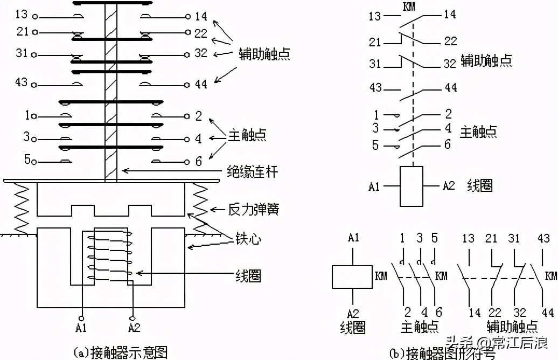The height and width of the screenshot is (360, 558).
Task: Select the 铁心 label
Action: click(x=248, y=239)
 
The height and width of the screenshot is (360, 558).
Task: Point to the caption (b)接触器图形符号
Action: click(x=442, y=353)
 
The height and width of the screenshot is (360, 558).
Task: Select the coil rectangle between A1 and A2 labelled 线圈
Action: click(x=411, y=186)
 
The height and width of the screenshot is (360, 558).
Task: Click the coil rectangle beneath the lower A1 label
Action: click(x=352, y=278)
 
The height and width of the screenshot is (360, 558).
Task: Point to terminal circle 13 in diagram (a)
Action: click(x=35, y=17)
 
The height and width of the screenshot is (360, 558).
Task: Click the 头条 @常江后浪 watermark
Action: click(x=496, y=342)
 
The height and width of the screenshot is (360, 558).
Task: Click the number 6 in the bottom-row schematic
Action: click(x=439, y=313)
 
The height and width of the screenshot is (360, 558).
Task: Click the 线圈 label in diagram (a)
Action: click(x=248, y=277)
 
